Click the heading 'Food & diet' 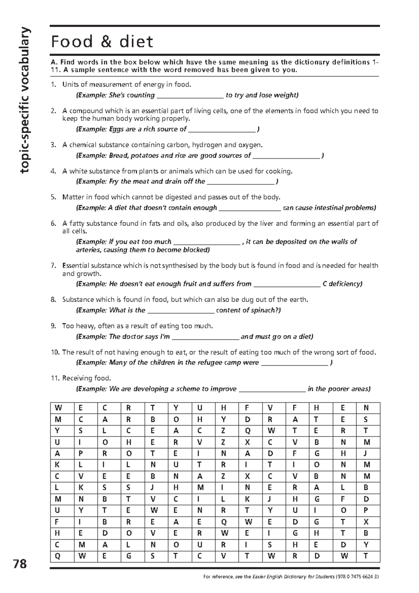pyautogui.click(x=102, y=42)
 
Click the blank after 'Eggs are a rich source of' pyautogui.click(x=222, y=130)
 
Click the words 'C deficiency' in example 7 pyautogui.click(x=342, y=284)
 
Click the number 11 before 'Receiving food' pyautogui.click(x=54, y=378)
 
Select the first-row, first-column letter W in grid pyautogui.click(x=58, y=408)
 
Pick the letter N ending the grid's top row pyautogui.click(x=366, y=408)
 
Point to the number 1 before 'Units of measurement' pyautogui.click(x=53, y=85)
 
